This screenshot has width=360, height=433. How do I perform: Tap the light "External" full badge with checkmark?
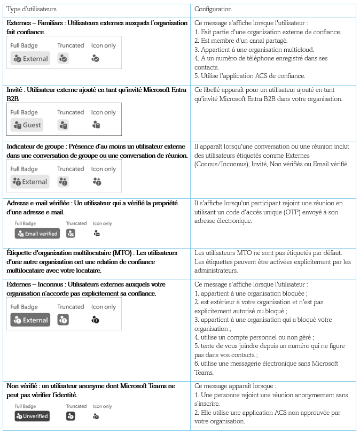30,59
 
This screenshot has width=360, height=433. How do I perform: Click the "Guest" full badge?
28,125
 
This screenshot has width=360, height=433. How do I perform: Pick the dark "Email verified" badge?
37,234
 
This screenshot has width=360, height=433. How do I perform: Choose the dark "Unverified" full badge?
32,416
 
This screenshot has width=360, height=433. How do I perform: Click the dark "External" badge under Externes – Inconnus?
30,320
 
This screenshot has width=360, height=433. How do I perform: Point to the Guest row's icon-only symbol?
96,125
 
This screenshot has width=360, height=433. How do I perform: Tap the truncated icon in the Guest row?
64,125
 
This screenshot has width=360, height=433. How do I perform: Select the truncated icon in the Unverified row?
71,416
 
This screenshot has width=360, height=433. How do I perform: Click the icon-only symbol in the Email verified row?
96,234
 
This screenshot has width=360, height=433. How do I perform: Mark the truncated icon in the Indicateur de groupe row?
64,182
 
